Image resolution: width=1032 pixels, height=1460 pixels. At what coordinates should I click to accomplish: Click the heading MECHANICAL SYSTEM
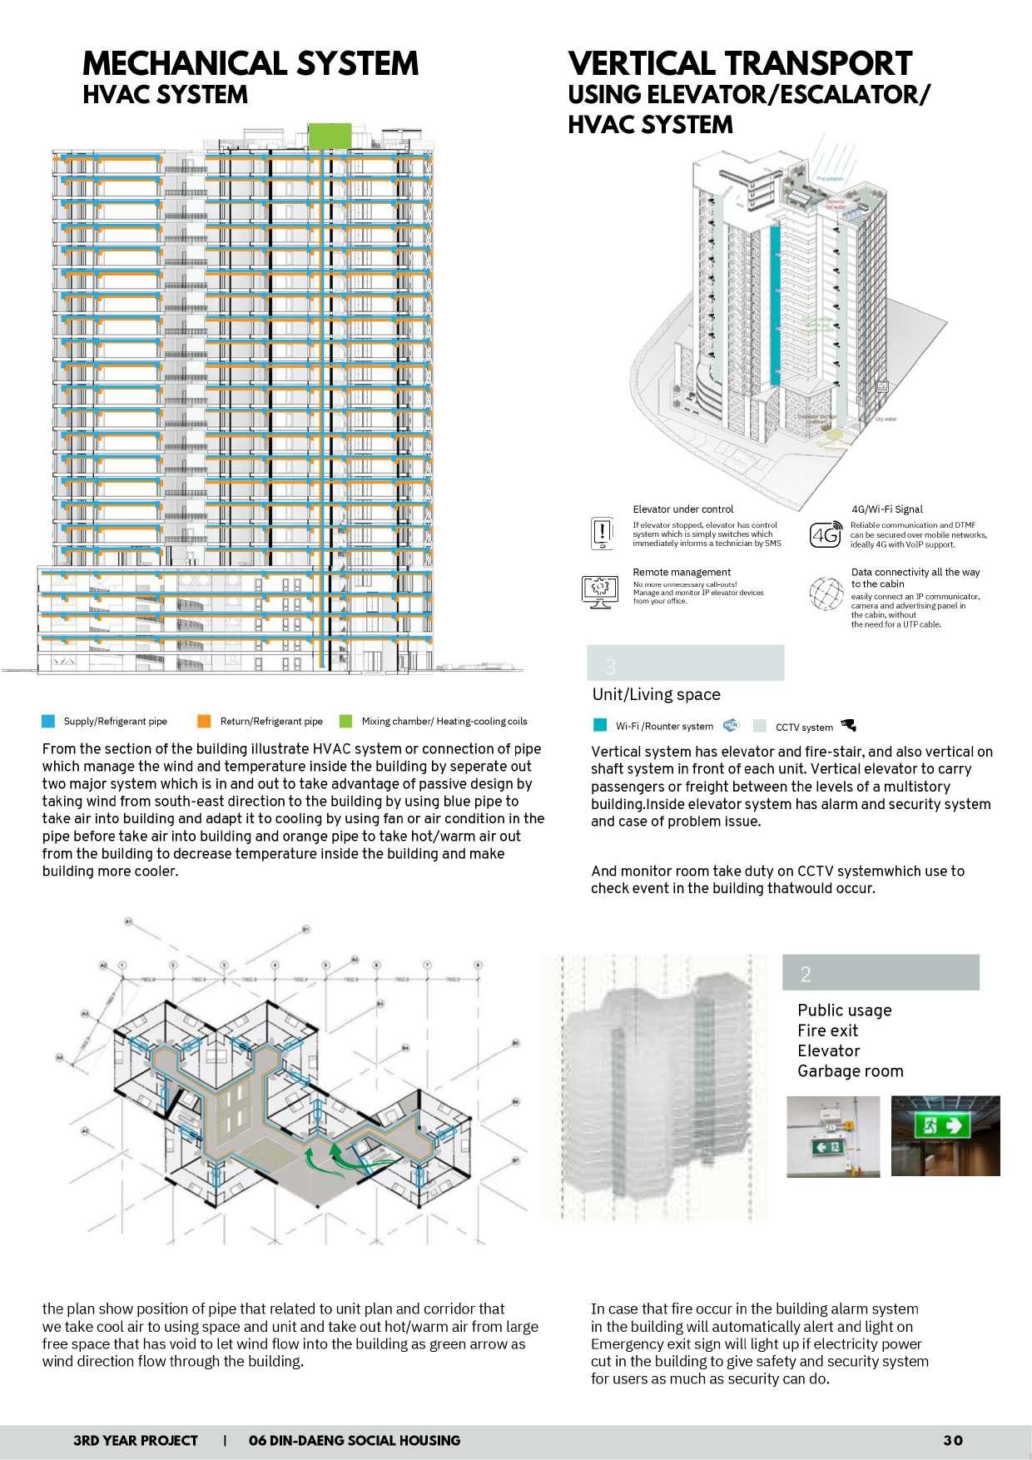251,64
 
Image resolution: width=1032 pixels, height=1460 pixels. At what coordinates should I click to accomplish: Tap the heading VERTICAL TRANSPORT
740,64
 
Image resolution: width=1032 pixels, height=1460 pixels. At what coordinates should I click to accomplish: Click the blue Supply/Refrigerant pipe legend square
48,721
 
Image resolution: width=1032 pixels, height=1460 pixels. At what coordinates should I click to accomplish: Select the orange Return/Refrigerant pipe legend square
204,721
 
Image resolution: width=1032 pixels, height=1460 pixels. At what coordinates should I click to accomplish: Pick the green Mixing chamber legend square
345,721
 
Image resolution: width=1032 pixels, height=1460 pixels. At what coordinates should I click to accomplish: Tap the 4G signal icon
825,535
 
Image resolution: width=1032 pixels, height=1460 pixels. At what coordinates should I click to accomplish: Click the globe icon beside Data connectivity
826,593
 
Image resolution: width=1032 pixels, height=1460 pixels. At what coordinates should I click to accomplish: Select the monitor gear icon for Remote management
599,589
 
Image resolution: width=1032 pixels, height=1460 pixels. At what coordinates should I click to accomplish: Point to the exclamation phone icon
601,533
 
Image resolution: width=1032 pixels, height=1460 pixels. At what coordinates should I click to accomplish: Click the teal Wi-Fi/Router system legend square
599,725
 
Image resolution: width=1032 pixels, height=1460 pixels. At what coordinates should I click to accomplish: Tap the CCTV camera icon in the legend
848,725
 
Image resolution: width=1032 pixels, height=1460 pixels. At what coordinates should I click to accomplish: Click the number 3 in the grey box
611,666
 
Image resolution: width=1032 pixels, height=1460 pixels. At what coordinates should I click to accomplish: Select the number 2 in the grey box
805,974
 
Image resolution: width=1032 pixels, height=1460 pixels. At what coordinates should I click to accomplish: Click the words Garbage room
850,1071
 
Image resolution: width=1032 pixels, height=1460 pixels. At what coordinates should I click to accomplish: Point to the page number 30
953,1440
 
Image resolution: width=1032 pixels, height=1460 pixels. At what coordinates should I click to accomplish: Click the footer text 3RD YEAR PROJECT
136,1440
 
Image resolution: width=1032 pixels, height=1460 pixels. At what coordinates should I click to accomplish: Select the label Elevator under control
682,509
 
